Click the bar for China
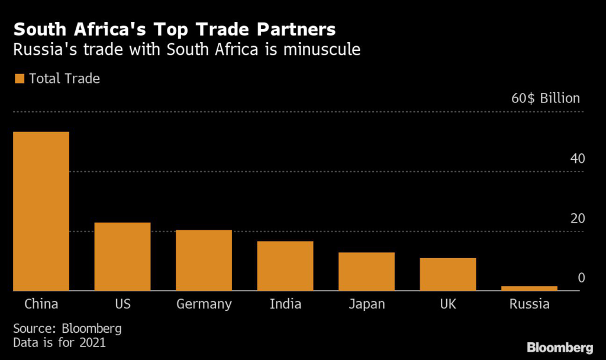tap(41, 211)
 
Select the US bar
tap(123, 256)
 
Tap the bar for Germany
tap(204, 260)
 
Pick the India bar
tap(285, 266)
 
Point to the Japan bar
tap(366, 271)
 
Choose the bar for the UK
tap(448, 274)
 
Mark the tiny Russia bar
tap(529, 288)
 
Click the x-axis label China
tap(41, 304)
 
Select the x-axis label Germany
tap(204, 305)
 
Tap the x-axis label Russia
tap(529, 304)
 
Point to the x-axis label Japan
tap(366, 305)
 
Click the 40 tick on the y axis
tap(577, 159)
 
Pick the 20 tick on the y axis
tap(577, 218)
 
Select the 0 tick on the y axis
tap(581, 278)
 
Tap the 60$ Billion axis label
tap(546, 98)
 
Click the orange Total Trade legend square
tap(19, 78)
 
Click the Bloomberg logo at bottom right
tap(560, 346)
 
